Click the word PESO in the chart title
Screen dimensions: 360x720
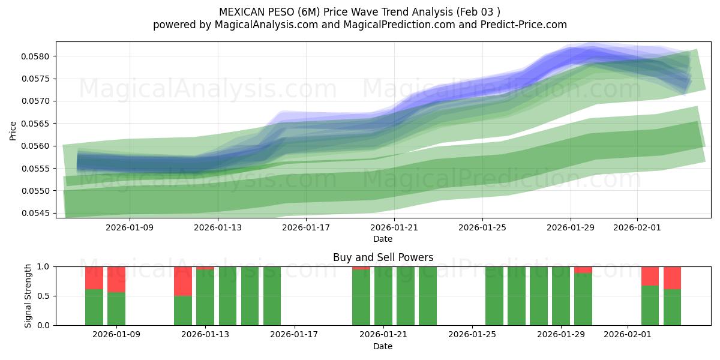(x=287, y=12)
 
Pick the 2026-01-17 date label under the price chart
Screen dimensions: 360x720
(x=306, y=227)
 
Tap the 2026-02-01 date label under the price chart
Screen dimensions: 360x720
(x=637, y=227)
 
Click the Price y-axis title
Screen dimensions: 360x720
(x=13, y=130)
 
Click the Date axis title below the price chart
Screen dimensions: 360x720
(x=383, y=239)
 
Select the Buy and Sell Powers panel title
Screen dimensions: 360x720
(x=383, y=257)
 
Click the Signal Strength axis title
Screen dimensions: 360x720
(x=28, y=295)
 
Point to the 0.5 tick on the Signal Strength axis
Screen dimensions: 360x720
(x=43, y=296)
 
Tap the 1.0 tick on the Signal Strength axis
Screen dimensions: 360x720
(x=43, y=266)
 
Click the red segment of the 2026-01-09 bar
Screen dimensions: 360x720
(x=116, y=279)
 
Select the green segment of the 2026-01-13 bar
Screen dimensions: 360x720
(x=205, y=298)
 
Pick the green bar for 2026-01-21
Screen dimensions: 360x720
(x=383, y=296)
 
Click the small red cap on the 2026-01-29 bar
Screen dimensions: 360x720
(x=583, y=270)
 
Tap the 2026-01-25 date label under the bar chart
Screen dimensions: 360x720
(x=472, y=335)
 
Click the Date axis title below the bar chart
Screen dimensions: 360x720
(x=383, y=346)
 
